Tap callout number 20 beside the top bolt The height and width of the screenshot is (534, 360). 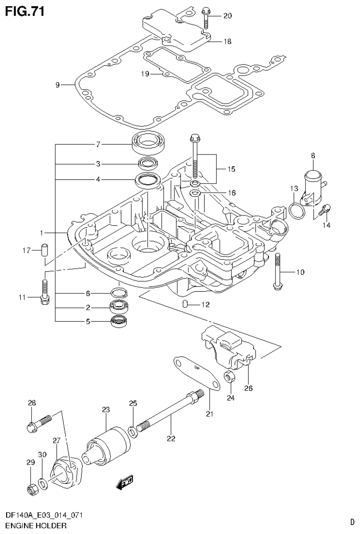(227, 16)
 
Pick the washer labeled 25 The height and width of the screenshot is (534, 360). (133, 430)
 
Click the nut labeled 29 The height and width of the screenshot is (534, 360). (32, 490)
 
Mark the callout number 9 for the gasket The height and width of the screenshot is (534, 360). (57, 85)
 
